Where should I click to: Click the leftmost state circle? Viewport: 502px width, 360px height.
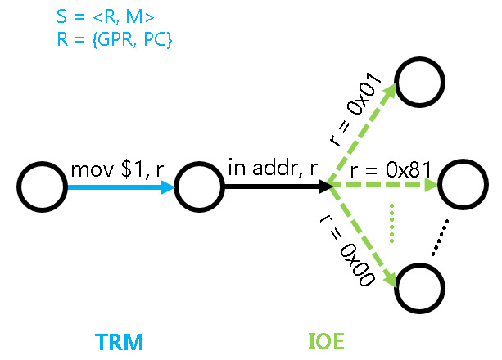pyautogui.click(x=42, y=187)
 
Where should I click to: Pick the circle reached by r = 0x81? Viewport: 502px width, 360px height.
pyautogui.click(x=463, y=187)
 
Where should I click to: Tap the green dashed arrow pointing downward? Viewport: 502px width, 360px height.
pyautogui.click(x=364, y=238)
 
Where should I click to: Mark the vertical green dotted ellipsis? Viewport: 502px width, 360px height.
pyautogui.click(x=393, y=220)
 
